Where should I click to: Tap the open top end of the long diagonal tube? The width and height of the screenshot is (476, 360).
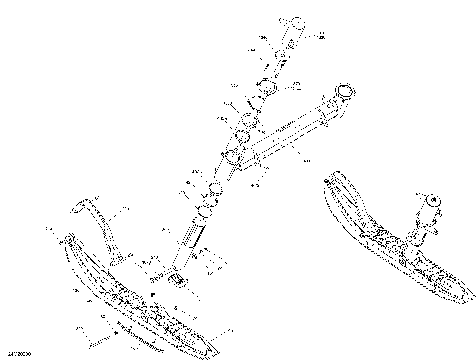tap(345, 94)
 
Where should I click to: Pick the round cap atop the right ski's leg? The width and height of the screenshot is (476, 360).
tap(432, 201)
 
